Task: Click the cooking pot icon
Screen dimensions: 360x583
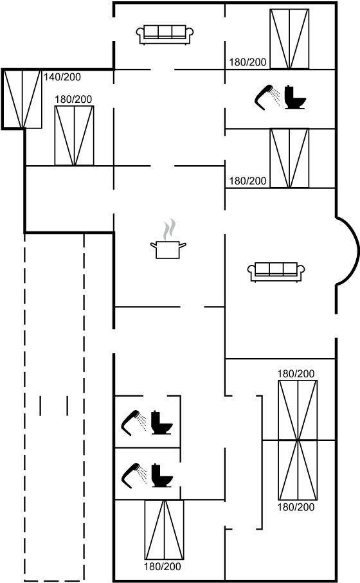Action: coord(168,250)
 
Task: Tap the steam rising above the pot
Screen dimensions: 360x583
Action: coord(168,229)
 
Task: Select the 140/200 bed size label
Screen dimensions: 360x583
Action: coord(62,77)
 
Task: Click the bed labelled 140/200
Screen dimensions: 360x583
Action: coord(22,99)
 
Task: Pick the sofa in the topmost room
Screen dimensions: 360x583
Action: coord(165,35)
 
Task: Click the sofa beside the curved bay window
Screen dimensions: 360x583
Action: coord(276,272)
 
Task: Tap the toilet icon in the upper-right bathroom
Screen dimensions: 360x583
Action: coord(295,98)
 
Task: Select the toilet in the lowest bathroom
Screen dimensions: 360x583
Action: coord(162,475)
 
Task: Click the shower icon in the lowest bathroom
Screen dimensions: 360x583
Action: coord(134,475)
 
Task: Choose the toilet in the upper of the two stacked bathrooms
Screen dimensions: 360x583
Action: coord(162,423)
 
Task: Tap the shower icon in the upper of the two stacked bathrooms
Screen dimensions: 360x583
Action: coord(134,423)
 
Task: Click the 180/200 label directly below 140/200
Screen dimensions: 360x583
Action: coord(73,99)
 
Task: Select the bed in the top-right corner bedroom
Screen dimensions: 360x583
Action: coord(289,39)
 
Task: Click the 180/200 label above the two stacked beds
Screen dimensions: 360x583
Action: coord(296,373)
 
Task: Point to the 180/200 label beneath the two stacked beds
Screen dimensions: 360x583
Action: coord(296,507)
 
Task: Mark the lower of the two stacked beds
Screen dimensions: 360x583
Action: coord(298,470)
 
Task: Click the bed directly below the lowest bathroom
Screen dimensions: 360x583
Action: coord(164,530)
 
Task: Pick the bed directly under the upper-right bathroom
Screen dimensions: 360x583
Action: coord(289,158)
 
